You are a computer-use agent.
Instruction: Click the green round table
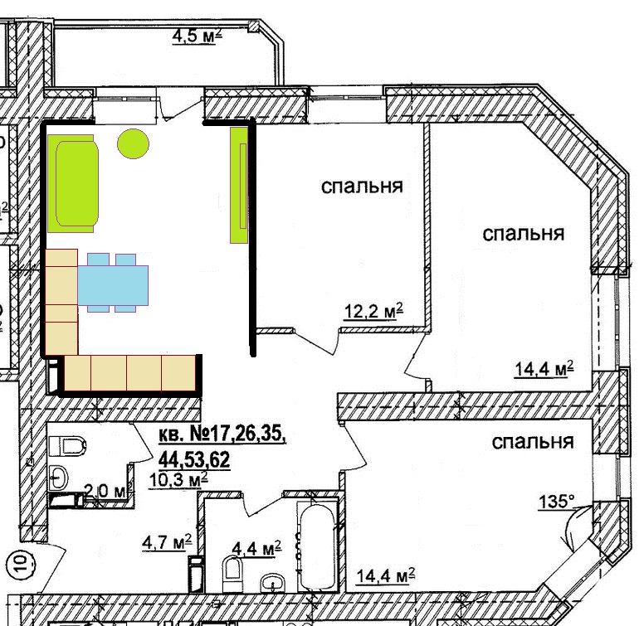coord(134,143)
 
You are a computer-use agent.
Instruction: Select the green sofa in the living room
coord(73,184)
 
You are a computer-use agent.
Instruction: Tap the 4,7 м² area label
coord(167,542)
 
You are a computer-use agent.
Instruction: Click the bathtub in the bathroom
coord(318,546)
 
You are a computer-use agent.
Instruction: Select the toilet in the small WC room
coord(67,446)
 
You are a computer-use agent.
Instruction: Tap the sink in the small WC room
coord(59,478)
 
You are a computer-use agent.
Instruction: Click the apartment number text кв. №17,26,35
coord(222,434)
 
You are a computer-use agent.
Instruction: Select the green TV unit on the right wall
coord(239,185)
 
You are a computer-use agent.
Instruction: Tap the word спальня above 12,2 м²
coord(362,186)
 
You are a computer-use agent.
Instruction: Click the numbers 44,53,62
coord(194,460)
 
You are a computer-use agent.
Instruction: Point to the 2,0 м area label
coord(105,492)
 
